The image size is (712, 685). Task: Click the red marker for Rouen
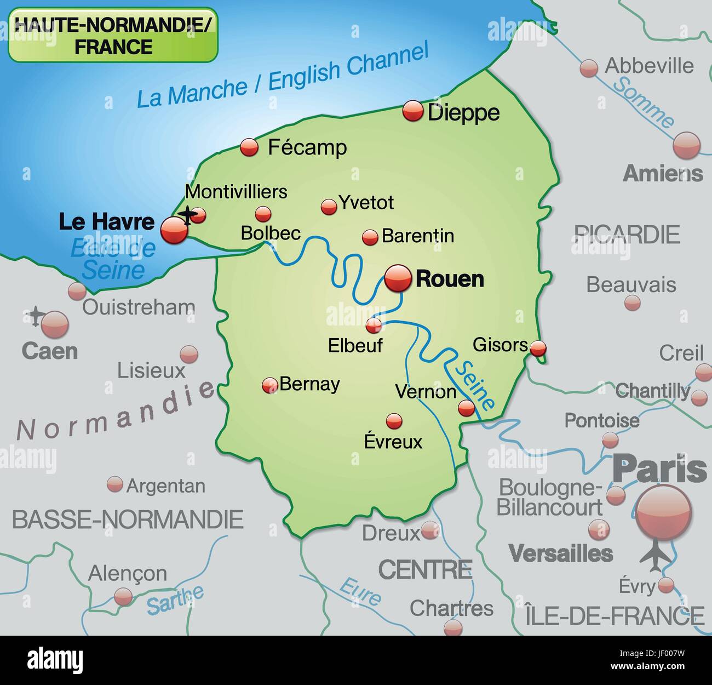coord(398,279)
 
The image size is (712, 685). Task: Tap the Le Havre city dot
coord(174,230)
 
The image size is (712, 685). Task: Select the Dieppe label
coord(463,113)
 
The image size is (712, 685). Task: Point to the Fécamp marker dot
coord(249,147)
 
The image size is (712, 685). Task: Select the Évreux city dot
coord(394,421)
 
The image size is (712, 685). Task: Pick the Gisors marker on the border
coord(539,347)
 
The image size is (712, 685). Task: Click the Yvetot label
coord(366,203)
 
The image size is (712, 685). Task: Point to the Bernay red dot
coord(269,385)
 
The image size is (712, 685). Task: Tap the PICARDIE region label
coord(627,235)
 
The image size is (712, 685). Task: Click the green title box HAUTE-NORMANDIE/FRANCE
coord(113,36)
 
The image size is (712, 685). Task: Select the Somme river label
coord(643,102)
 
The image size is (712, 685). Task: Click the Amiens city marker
coord(686,146)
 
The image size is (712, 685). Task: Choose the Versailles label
coord(560,553)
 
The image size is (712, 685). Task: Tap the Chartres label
coord(451,608)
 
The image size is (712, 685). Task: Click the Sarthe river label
coord(175,600)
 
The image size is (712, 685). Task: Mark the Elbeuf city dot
coord(374,326)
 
